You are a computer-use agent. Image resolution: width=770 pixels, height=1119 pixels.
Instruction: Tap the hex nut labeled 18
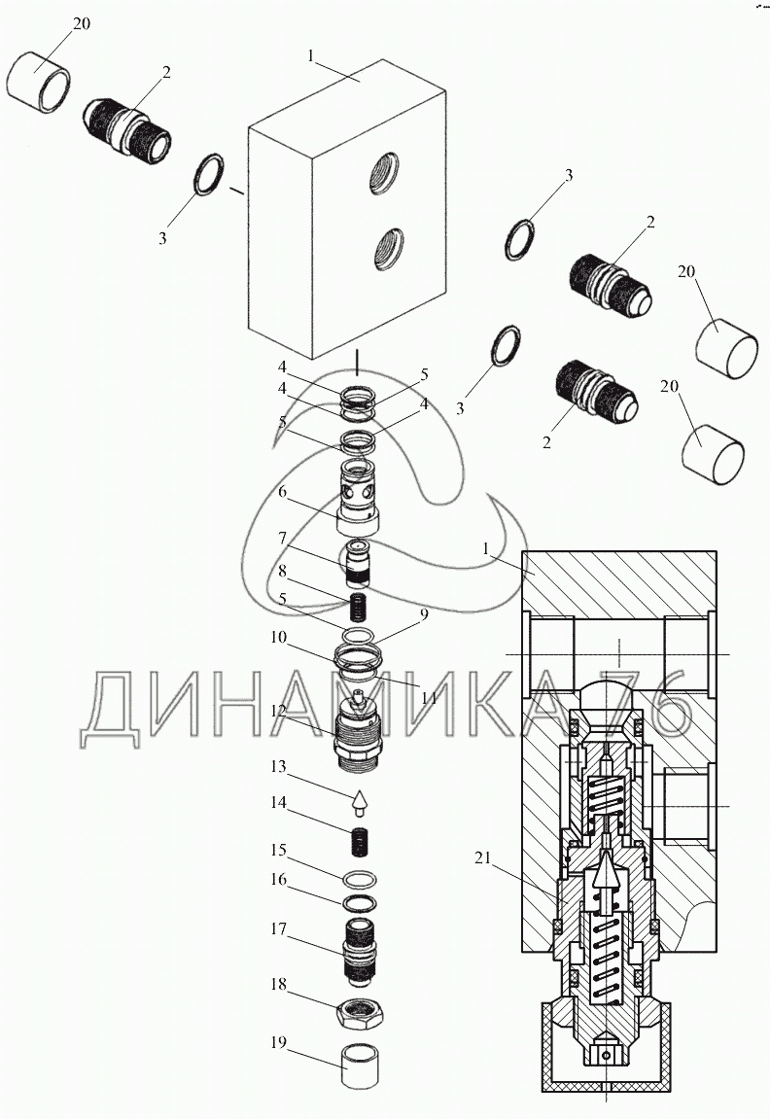(361, 1017)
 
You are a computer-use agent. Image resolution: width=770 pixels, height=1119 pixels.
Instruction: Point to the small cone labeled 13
(360, 803)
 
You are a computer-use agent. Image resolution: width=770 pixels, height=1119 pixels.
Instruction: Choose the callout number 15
(279, 850)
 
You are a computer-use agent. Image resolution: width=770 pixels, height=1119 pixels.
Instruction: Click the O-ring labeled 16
(361, 902)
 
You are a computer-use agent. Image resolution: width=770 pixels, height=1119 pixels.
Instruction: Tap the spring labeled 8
(361, 610)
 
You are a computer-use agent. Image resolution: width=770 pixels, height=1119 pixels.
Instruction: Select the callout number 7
(280, 538)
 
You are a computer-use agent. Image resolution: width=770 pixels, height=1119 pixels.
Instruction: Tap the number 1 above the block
(311, 57)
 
